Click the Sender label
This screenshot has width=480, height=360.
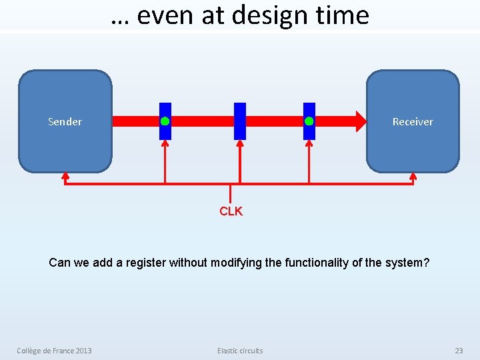click(65, 121)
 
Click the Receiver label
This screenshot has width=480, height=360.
click(412, 121)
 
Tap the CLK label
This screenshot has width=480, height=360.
click(231, 211)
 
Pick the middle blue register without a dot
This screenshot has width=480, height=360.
click(240, 121)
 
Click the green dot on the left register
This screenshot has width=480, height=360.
click(165, 121)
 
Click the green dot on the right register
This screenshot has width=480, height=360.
click(309, 121)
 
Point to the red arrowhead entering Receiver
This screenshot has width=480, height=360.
click(360, 121)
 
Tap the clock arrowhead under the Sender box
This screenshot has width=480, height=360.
click(65, 176)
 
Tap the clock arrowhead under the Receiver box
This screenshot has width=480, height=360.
click(413, 176)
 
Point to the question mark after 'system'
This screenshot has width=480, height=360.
click(427, 263)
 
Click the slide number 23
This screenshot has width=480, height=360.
click(459, 351)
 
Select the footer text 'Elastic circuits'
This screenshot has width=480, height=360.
click(240, 351)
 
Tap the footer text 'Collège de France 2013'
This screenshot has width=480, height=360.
click(55, 351)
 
